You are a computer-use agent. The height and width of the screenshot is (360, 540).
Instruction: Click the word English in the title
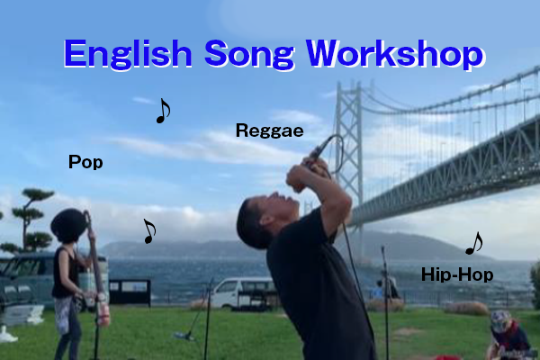128,54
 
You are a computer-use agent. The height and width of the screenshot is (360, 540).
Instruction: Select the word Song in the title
249,54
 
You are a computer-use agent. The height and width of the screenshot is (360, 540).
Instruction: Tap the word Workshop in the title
396,53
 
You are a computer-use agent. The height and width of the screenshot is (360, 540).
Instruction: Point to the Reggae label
269,131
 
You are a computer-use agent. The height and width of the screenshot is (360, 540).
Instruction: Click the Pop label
85,162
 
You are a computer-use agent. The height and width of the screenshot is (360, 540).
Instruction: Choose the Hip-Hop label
457,274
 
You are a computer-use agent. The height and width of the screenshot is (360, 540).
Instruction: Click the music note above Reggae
163,111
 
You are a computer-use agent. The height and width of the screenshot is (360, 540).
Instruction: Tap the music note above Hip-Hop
474,243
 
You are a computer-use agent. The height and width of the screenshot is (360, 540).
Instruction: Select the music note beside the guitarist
149,231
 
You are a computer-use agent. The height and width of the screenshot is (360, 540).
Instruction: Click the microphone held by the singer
319,151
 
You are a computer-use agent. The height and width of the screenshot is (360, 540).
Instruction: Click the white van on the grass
243,293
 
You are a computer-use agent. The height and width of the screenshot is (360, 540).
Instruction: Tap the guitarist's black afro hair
69,226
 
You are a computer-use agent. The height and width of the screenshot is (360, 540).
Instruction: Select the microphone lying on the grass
184,335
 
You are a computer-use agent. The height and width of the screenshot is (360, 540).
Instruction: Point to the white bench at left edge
21,315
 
